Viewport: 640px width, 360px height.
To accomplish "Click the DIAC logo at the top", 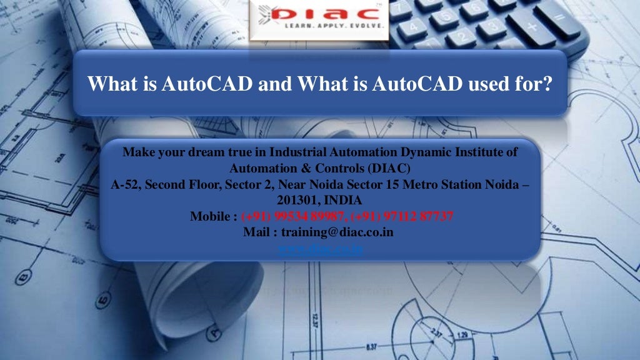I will tap(319, 19).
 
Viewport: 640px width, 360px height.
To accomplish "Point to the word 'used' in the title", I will tap(492, 84).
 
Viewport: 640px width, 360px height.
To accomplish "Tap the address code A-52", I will tap(125, 185).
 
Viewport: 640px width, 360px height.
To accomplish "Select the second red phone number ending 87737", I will tap(402, 217).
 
